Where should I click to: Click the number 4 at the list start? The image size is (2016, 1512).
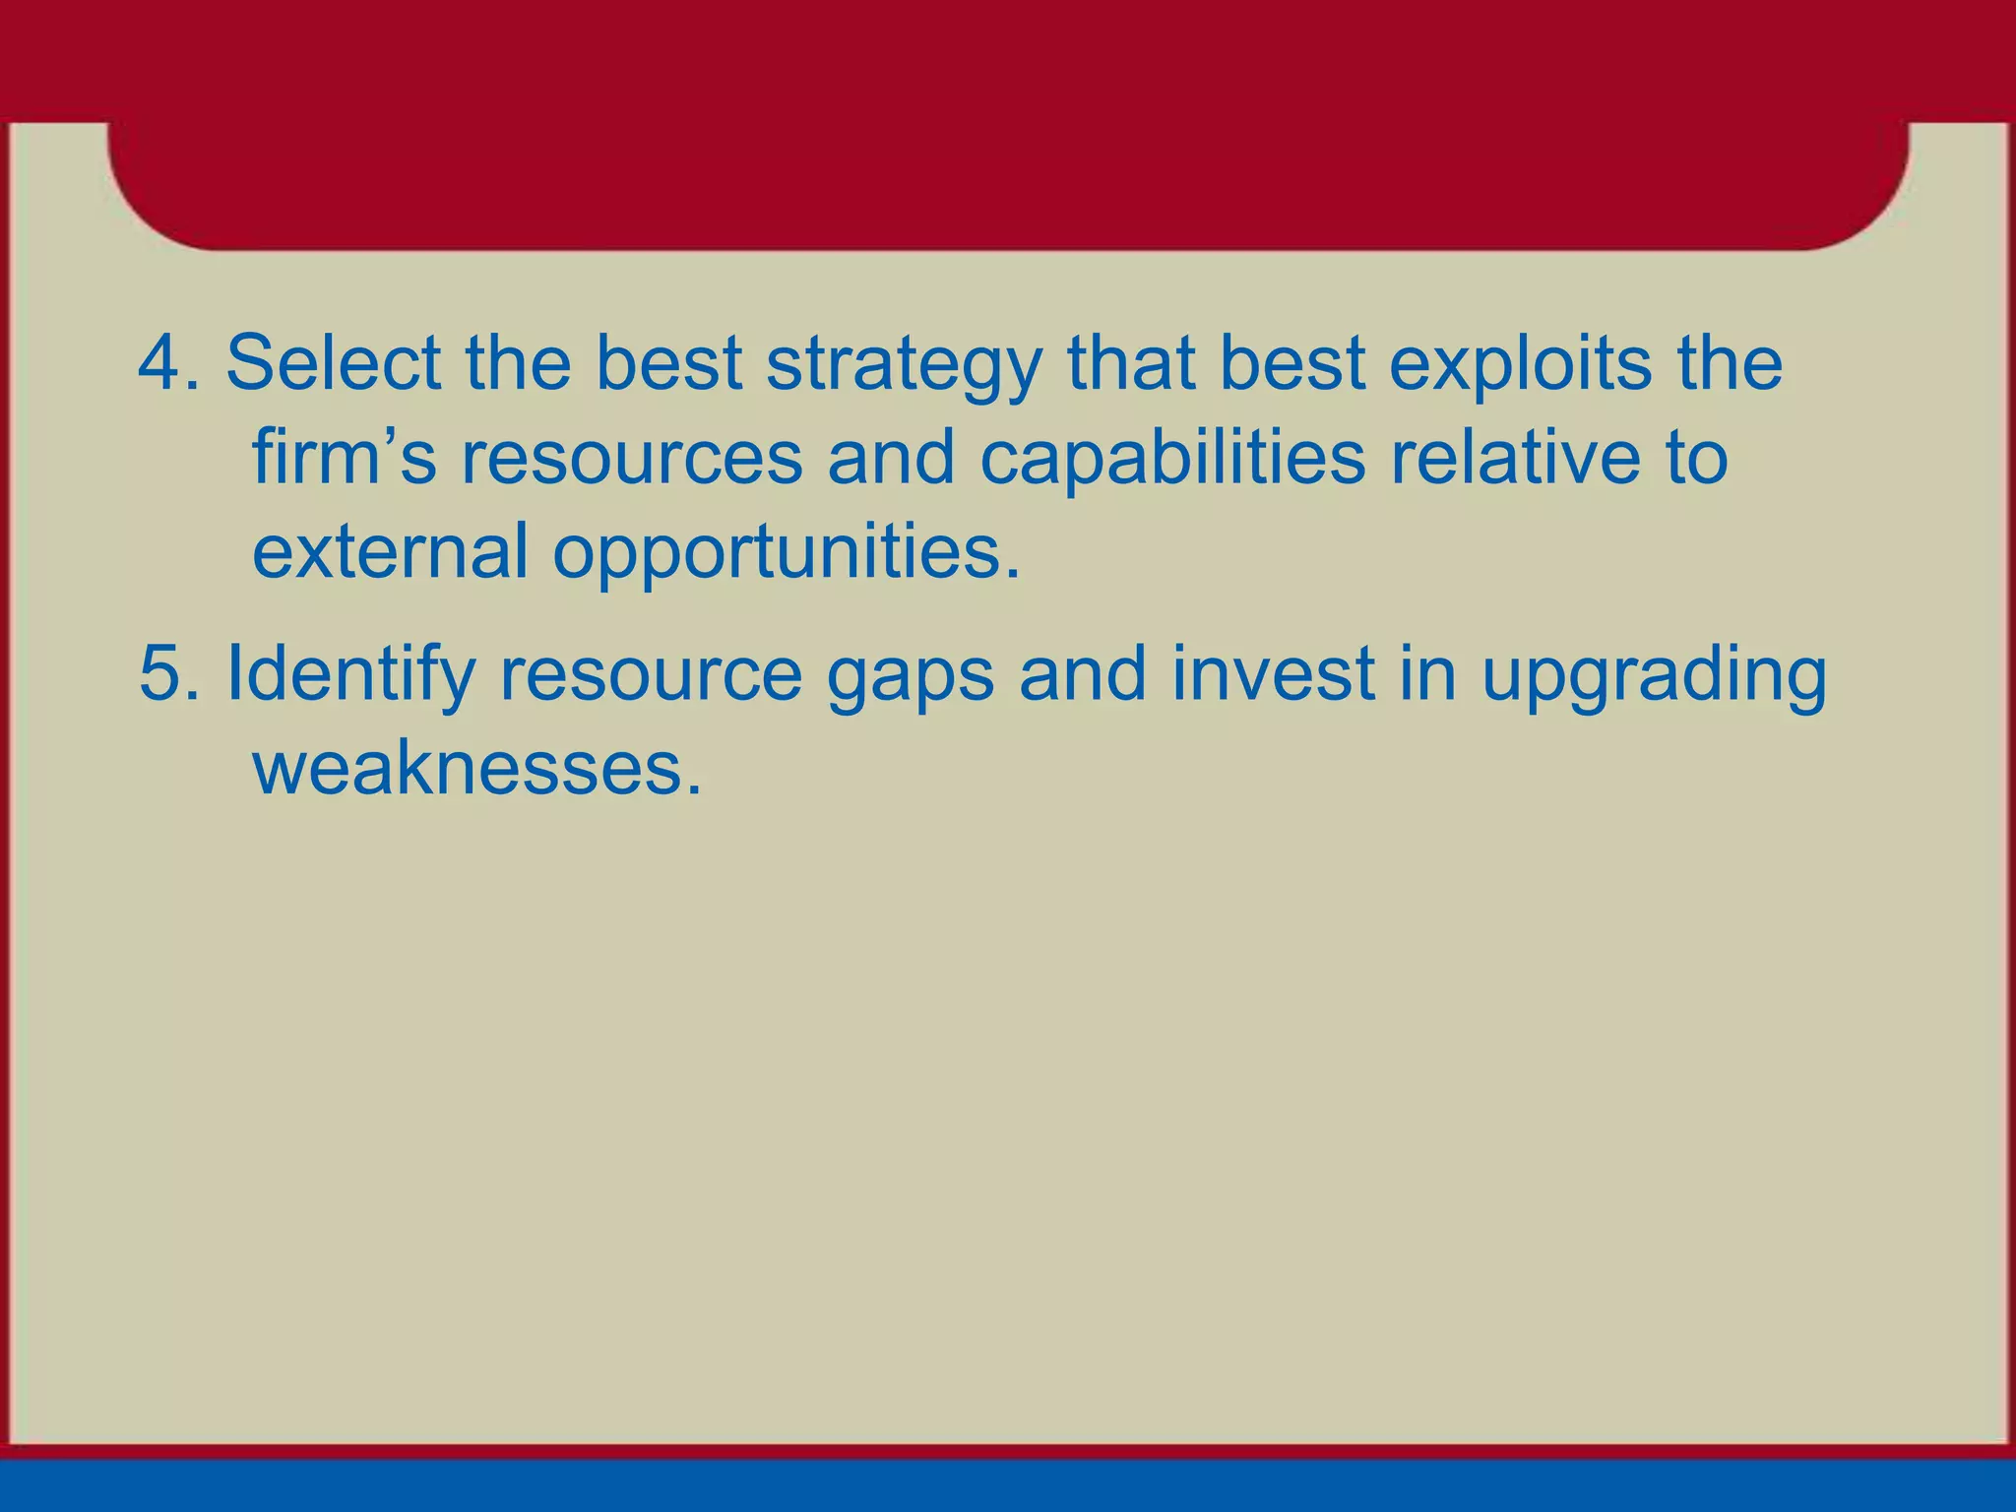point(160,362)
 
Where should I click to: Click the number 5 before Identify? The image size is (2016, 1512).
point(160,674)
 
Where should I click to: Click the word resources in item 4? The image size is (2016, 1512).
point(632,459)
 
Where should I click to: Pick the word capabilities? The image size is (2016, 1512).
point(1172,459)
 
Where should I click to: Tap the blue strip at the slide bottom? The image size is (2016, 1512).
point(1008,1486)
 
